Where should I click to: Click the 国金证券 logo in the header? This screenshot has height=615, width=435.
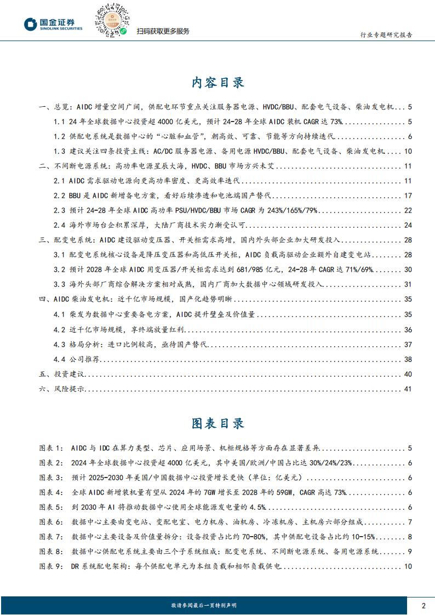tap(53, 24)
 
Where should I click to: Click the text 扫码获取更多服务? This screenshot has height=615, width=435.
tap(163, 31)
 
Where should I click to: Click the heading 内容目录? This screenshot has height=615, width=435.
tap(218, 83)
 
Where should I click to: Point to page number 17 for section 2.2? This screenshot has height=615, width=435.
tap(407, 196)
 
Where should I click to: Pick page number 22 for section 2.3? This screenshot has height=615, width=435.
tap(407, 210)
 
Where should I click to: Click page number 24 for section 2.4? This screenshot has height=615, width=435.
tap(407, 225)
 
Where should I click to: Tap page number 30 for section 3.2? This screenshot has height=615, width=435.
tap(407, 269)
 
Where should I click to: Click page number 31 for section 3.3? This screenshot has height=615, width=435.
tap(407, 284)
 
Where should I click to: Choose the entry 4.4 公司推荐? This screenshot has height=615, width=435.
tap(75, 359)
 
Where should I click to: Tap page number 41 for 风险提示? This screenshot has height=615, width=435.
tap(407, 389)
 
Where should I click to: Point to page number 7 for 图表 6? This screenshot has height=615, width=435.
tap(409, 521)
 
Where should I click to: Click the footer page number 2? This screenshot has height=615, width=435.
tap(423, 605)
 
